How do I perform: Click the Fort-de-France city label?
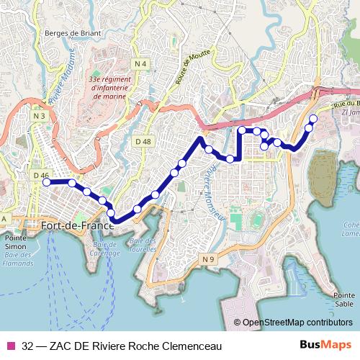(78, 225)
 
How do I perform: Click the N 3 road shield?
(40, 115)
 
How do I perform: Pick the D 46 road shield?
(40, 175)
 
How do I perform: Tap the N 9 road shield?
(208, 258)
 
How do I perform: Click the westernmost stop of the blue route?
(47, 183)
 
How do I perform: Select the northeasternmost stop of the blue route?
(313, 119)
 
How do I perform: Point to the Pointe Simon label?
(15, 242)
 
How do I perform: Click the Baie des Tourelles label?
(144, 245)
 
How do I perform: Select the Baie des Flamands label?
(19, 259)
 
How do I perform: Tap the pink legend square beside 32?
(10, 345)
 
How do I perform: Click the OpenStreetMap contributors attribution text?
(298, 323)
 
